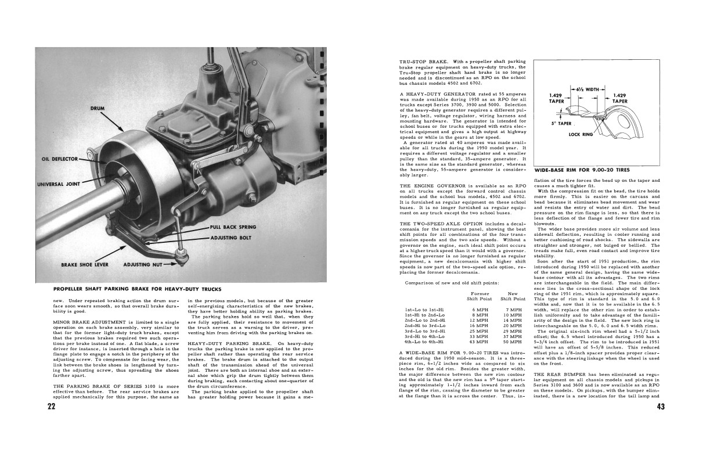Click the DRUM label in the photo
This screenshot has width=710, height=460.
97,109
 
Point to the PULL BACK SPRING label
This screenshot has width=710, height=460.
233,227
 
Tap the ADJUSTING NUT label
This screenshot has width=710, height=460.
144,265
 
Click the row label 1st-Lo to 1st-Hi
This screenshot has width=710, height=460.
424,311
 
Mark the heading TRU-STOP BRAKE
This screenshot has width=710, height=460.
420,62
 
